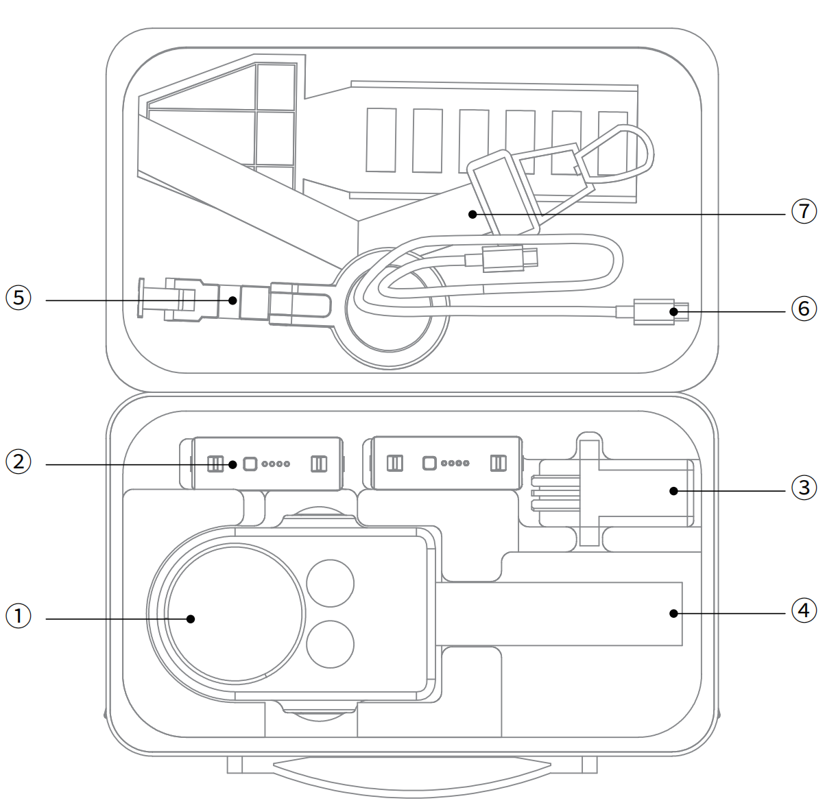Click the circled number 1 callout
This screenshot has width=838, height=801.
19,616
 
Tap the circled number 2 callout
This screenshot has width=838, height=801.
19,462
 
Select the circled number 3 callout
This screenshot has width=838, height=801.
804,488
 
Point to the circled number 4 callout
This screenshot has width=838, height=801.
804,610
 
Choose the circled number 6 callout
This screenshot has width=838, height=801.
804,309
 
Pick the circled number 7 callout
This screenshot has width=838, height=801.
804,211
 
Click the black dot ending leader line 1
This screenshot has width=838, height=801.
191,619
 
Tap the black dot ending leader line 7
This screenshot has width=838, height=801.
472,214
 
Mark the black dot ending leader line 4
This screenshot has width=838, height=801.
673,614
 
